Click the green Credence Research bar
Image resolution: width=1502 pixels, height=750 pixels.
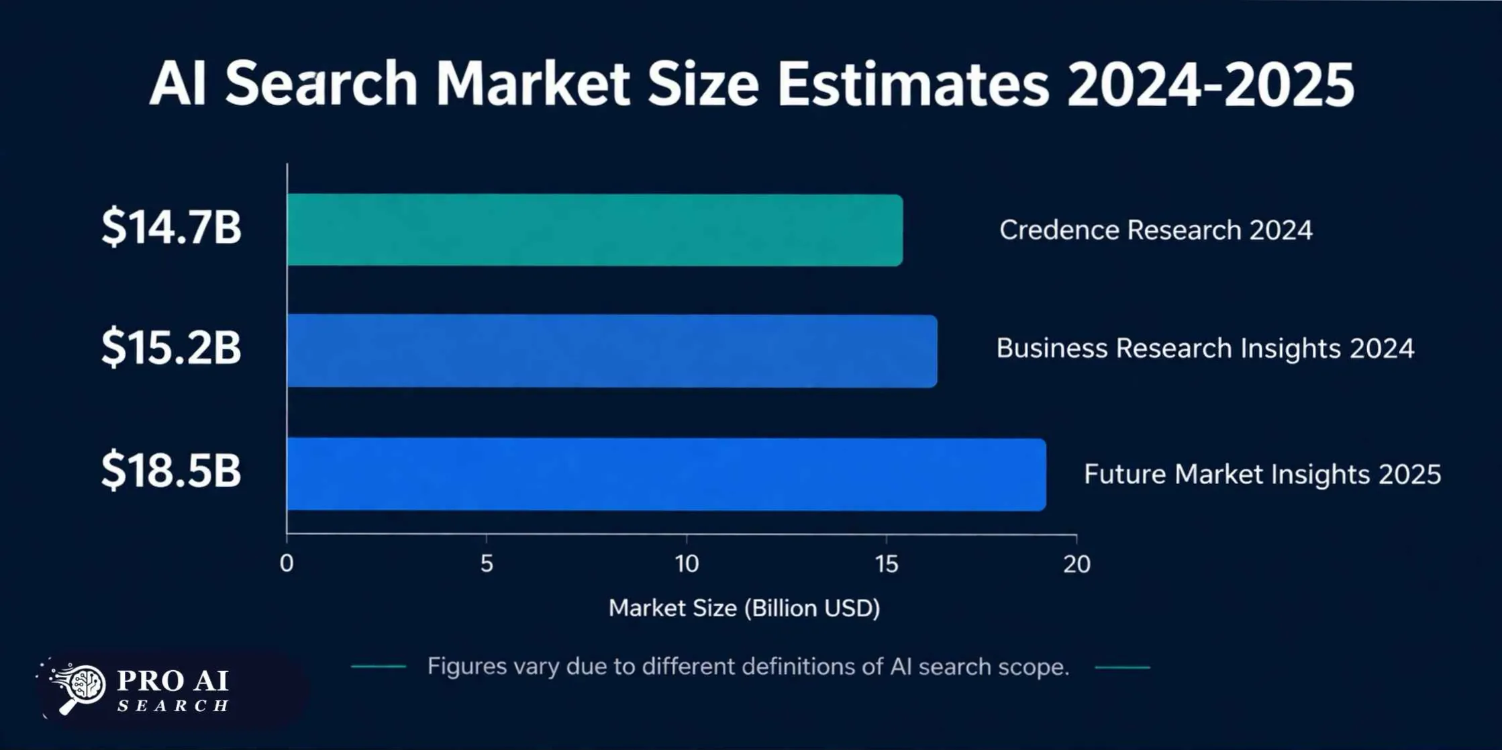594,230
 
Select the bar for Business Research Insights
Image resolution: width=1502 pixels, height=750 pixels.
611,350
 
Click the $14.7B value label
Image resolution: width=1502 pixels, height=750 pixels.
171,227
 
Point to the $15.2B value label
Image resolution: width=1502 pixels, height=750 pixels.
171,347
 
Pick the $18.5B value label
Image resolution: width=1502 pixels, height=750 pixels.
171,470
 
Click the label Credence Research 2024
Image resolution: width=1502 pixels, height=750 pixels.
1155,230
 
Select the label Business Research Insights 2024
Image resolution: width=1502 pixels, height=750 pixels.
1205,348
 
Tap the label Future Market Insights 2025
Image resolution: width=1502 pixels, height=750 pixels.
1262,474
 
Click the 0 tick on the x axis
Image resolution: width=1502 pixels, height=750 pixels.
287,564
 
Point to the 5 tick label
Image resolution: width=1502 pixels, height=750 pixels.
487,564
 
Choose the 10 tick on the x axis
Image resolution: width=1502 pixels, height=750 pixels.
687,564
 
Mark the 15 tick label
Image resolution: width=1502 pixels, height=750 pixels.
887,564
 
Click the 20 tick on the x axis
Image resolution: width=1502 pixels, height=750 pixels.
1077,564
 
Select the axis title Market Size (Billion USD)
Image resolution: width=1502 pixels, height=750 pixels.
744,608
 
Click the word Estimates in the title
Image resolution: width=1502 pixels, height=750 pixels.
913,85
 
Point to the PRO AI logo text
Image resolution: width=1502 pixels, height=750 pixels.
172,681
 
